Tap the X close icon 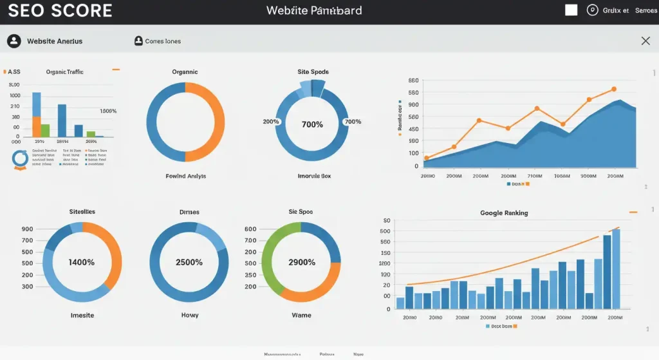pyautogui.click(x=645, y=41)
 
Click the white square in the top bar pyautogui.click(x=571, y=10)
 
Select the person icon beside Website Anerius pyautogui.click(x=14, y=41)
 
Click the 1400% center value pyautogui.click(x=82, y=263)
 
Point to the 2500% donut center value pyautogui.click(x=189, y=263)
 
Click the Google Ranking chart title pyautogui.click(x=504, y=213)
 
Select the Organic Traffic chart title pyautogui.click(x=65, y=72)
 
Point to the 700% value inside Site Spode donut pyautogui.click(x=312, y=124)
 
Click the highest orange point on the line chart pyautogui.click(x=614, y=90)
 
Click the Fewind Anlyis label pyautogui.click(x=186, y=176)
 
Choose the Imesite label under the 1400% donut pyautogui.click(x=82, y=316)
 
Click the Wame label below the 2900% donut pyautogui.click(x=301, y=316)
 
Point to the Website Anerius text pyautogui.click(x=55, y=41)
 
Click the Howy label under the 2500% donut pyautogui.click(x=189, y=316)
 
